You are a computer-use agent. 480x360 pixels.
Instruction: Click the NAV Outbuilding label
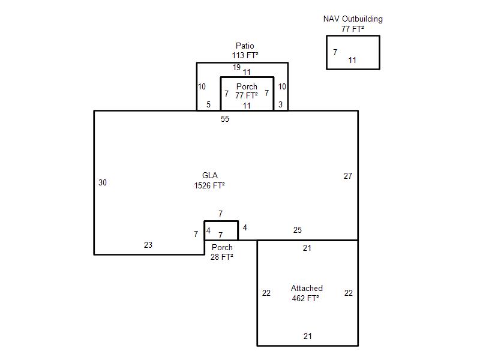353,19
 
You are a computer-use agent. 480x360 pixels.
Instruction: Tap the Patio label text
245,46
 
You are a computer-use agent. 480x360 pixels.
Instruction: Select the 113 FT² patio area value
245,55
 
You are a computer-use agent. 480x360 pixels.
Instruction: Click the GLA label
210,175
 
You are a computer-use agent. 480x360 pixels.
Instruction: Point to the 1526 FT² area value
209,185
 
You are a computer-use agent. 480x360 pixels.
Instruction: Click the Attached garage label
307,288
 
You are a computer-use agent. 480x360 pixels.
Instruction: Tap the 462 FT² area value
305,298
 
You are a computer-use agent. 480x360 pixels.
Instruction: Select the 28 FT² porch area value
222,257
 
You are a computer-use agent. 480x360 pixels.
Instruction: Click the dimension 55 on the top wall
225,119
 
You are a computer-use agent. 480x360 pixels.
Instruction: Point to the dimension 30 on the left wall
103,183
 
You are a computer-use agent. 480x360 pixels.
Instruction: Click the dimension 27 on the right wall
348,176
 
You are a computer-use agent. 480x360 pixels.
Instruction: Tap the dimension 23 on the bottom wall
148,245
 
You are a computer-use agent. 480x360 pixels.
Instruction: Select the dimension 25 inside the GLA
298,230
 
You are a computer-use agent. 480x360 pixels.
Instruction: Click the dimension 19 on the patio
236,67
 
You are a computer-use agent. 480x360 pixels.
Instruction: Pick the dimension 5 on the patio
208,104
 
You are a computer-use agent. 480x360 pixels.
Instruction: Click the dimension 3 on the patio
280,104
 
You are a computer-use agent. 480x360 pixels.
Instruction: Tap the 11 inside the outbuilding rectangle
352,61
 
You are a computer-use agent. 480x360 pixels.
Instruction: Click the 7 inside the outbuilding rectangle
335,52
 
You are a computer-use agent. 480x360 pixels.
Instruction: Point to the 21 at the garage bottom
308,336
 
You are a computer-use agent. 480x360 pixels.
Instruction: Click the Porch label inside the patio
247,86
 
